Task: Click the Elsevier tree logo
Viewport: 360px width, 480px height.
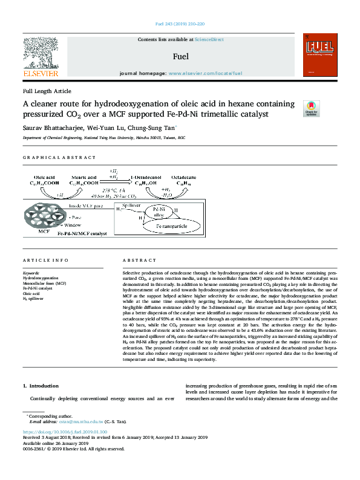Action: coord(41,53)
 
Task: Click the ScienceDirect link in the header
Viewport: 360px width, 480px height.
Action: coord(209,39)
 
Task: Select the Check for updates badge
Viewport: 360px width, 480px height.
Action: coord(311,108)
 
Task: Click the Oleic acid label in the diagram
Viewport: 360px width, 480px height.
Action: coord(42,176)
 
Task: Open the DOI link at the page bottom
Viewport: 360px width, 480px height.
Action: coord(65,432)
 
